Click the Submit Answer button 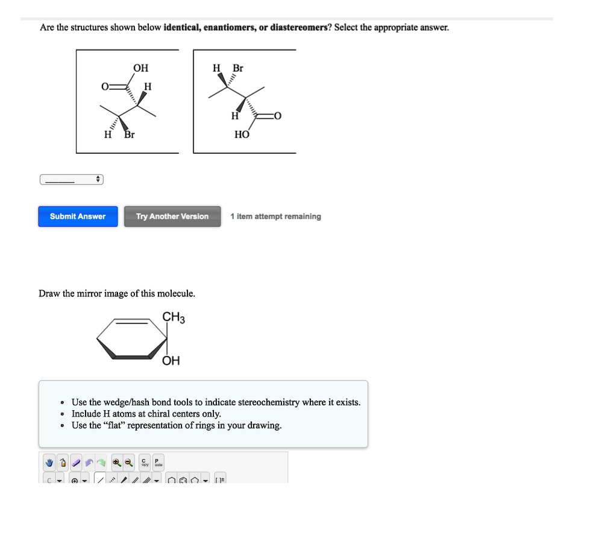coord(78,217)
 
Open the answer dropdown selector coord(72,180)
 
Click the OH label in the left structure coord(140,68)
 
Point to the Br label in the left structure coord(130,135)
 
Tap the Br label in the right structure coord(238,68)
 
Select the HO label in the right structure coord(242,135)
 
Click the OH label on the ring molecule coord(171,361)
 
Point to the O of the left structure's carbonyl coord(105,87)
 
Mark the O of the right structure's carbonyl coord(277,116)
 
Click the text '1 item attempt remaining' coord(275,217)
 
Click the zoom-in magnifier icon coord(116,463)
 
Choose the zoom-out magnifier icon coord(128,463)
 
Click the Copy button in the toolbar coord(145,463)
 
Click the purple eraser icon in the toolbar coord(76,463)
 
